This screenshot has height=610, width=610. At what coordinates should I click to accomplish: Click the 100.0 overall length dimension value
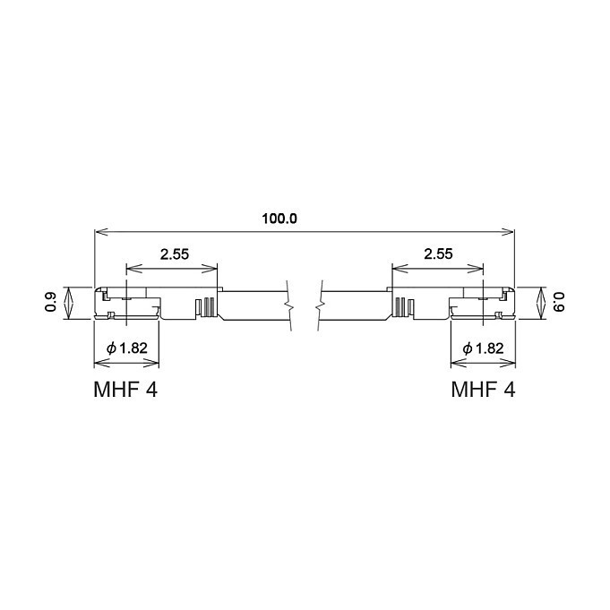[x=279, y=219]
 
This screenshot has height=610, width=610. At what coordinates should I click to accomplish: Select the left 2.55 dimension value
[x=175, y=254]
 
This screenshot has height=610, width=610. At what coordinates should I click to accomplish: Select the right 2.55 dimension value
[x=438, y=254]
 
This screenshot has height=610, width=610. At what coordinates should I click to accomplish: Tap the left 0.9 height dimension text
[x=50, y=302]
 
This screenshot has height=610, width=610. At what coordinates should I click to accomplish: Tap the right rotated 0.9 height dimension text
[x=558, y=302]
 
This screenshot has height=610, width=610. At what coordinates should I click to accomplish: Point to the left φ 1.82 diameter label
[x=127, y=348]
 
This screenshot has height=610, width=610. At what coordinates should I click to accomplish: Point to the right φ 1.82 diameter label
[x=483, y=348]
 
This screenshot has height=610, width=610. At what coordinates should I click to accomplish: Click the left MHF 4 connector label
[x=125, y=389]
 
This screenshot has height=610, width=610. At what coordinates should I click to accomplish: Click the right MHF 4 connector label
[x=483, y=389]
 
